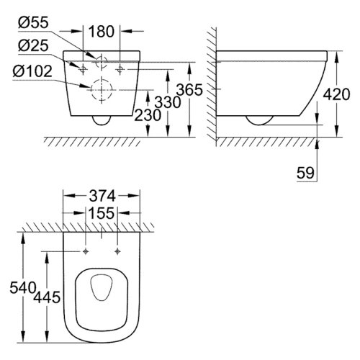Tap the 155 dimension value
100,215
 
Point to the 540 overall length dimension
15,289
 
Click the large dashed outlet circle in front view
100,90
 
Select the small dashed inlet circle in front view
100,62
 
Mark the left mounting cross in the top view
86,251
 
